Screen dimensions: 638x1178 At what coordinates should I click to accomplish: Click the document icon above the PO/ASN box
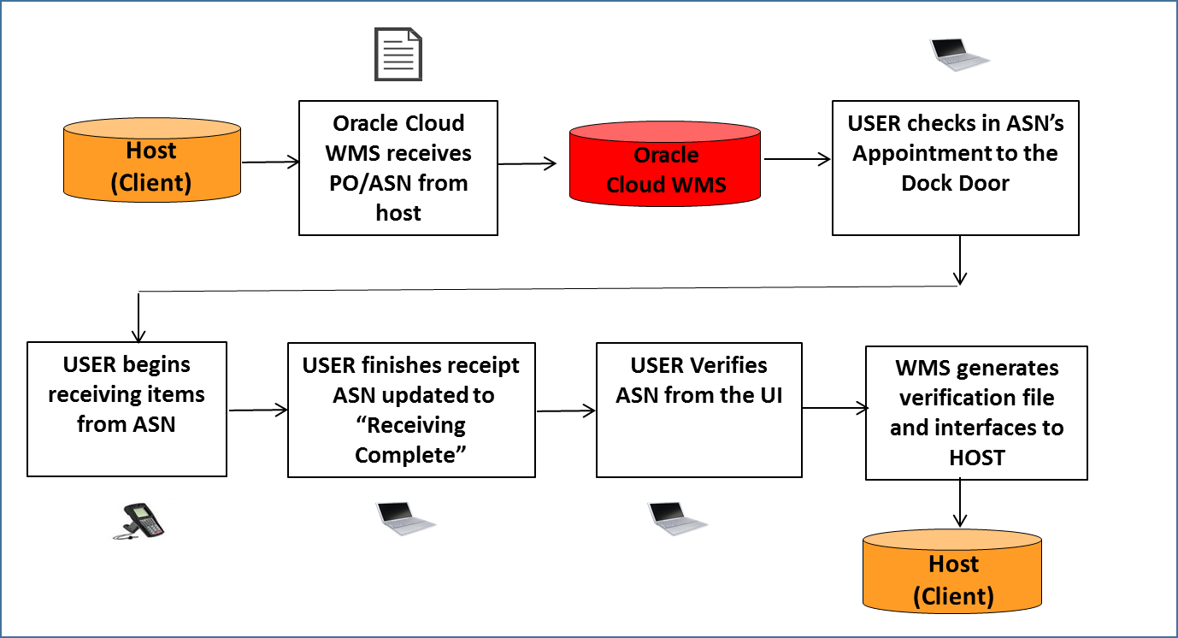click(x=398, y=54)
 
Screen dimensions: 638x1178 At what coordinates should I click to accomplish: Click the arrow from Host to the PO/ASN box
click(x=271, y=161)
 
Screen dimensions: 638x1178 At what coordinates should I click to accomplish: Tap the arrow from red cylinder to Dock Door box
click(x=797, y=158)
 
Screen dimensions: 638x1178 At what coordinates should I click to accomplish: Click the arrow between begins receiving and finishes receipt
click(x=257, y=411)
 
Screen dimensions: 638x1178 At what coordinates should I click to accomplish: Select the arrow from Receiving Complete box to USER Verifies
click(x=565, y=411)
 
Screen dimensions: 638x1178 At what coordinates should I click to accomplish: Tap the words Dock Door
click(x=955, y=183)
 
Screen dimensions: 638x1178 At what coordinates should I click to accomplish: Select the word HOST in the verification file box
click(x=976, y=458)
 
